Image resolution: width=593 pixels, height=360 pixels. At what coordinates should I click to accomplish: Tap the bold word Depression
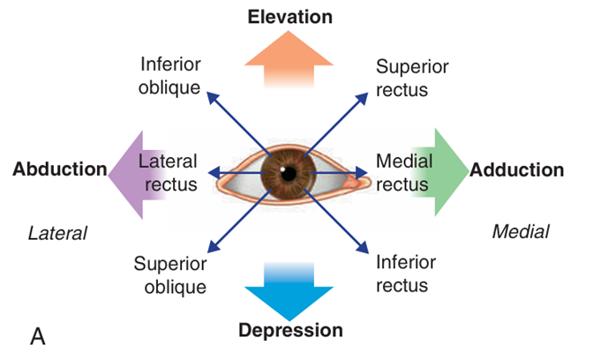tap(290, 331)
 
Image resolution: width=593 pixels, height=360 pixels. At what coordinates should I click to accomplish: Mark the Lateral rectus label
tap(169, 173)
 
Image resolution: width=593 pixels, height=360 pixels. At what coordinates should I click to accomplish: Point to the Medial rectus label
tap(402, 173)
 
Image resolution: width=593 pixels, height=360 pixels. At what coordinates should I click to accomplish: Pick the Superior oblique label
tap(170, 274)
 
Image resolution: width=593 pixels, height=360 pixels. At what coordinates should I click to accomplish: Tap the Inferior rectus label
tap(402, 274)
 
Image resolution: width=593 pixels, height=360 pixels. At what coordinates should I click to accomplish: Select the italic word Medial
tap(520, 231)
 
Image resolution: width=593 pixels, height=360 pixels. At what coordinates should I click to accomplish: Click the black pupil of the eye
tap(283, 170)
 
